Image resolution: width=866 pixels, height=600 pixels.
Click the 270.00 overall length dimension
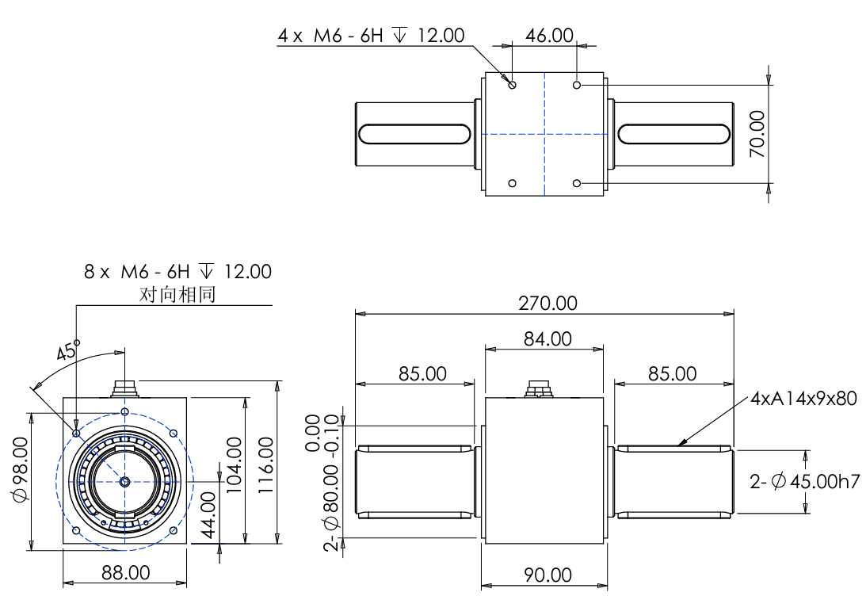tap(547, 304)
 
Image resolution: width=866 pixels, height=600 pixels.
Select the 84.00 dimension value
tap(547, 338)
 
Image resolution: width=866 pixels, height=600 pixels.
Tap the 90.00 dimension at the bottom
tap(547, 575)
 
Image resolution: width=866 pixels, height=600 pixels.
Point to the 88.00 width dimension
tap(125, 573)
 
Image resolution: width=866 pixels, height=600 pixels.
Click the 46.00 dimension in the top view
tap(549, 36)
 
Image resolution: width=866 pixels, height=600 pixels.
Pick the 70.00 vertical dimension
tap(757, 134)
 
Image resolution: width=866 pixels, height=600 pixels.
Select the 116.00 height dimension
tap(265, 465)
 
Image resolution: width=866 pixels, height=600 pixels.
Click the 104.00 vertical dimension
tap(235, 465)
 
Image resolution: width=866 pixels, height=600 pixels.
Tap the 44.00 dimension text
tap(208, 515)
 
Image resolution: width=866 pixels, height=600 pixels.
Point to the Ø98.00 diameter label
tap(21, 469)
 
